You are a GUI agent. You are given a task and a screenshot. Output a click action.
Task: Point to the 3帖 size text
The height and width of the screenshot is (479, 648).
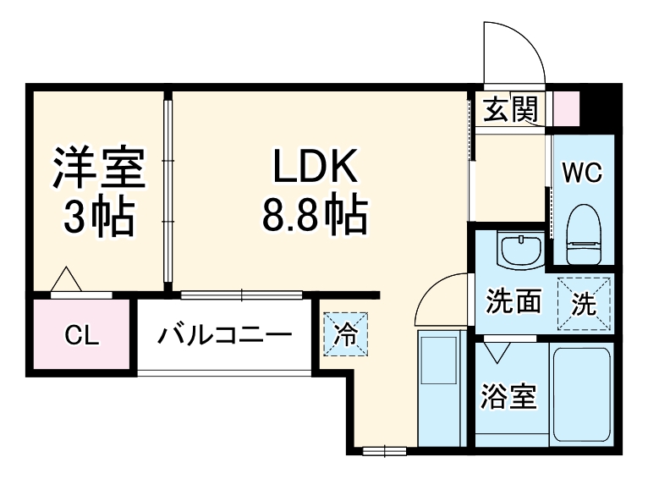pyautogui.click(x=100, y=218)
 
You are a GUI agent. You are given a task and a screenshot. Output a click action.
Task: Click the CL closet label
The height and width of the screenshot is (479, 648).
pyautogui.click(x=83, y=336)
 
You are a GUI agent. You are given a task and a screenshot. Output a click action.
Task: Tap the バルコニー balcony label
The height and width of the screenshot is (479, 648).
pyautogui.click(x=224, y=335)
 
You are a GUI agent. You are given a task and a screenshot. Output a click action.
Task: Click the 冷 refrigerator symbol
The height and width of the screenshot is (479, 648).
pyautogui.click(x=344, y=333)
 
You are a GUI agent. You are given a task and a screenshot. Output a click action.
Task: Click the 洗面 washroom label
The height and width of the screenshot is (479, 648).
pyautogui.click(x=513, y=301)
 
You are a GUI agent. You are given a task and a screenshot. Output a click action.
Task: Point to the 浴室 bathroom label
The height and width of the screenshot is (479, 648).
pyautogui.click(x=509, y=396)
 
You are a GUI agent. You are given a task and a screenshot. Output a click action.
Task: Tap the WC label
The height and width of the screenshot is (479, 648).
pyautogui.click(x=583, y=174)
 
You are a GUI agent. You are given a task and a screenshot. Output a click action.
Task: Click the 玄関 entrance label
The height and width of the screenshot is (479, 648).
pyautogui.click(x=511, y=108)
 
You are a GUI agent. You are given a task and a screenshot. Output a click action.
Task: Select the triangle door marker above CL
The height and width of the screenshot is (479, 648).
pyautogui.click(x=66, y=280)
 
